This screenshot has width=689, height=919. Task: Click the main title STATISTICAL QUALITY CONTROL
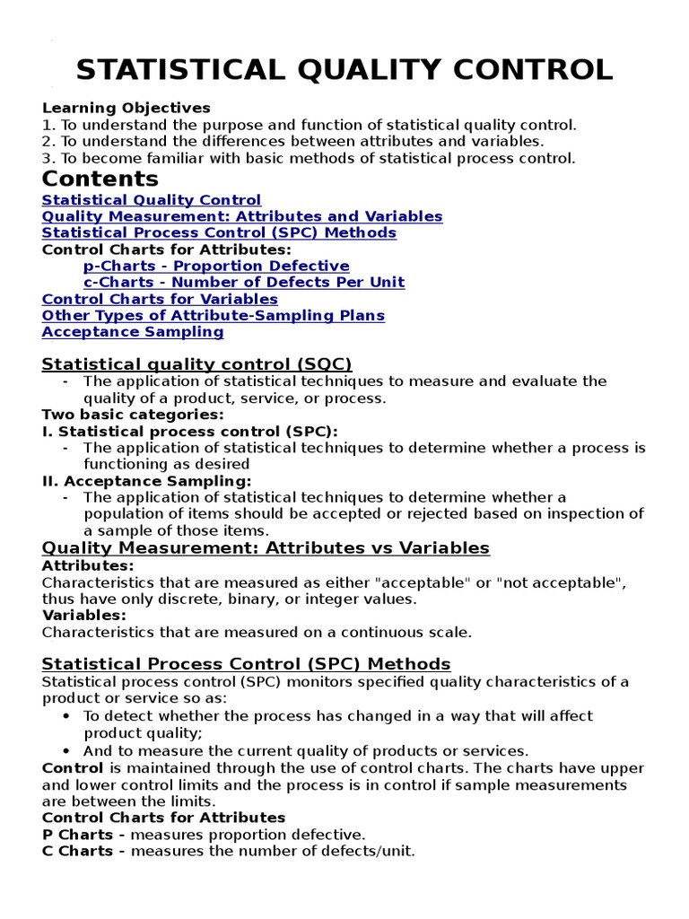tap(344, 70)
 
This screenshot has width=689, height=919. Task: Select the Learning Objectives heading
tap(126, 108)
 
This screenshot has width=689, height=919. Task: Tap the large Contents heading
tap(100, 178)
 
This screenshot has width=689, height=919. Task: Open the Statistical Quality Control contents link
tap(152, 200)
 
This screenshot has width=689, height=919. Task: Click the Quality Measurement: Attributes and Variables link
tap(242, 216)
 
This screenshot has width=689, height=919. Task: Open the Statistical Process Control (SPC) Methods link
tap(219, 232)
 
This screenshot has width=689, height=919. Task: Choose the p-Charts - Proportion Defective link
tap(216, 266)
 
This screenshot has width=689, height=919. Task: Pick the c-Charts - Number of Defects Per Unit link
tap(244, 282)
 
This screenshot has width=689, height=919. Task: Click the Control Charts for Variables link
tap(160, 299)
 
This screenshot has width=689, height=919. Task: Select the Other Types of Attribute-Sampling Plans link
tap(214, 315)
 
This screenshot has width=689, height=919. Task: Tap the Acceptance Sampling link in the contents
tap(133, 331)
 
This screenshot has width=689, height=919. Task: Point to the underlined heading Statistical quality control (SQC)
tap(197, 363)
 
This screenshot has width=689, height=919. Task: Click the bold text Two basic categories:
tap(132, 415)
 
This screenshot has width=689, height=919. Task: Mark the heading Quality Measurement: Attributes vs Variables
tap(266, 547)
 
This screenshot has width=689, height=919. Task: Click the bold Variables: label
tap(84, 615)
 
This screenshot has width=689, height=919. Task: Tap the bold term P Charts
tap(77, 834)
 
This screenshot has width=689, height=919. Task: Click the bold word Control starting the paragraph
tap(74, 768)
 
